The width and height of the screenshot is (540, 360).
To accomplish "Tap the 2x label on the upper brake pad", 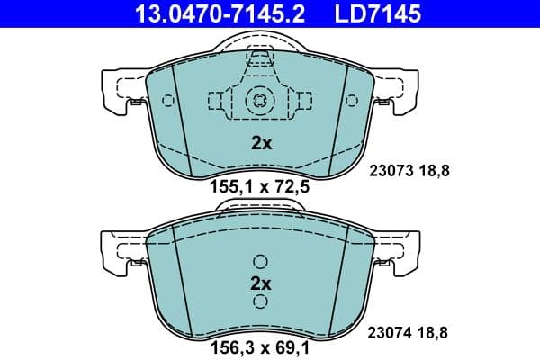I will coord(259,142).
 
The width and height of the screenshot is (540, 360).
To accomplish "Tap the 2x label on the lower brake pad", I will coord(259,283).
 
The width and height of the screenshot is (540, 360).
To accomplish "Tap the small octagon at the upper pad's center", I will coord(259,101).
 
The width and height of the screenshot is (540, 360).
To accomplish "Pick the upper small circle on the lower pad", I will coord(260,262).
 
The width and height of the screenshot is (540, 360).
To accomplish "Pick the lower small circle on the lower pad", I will coord(260,302).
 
